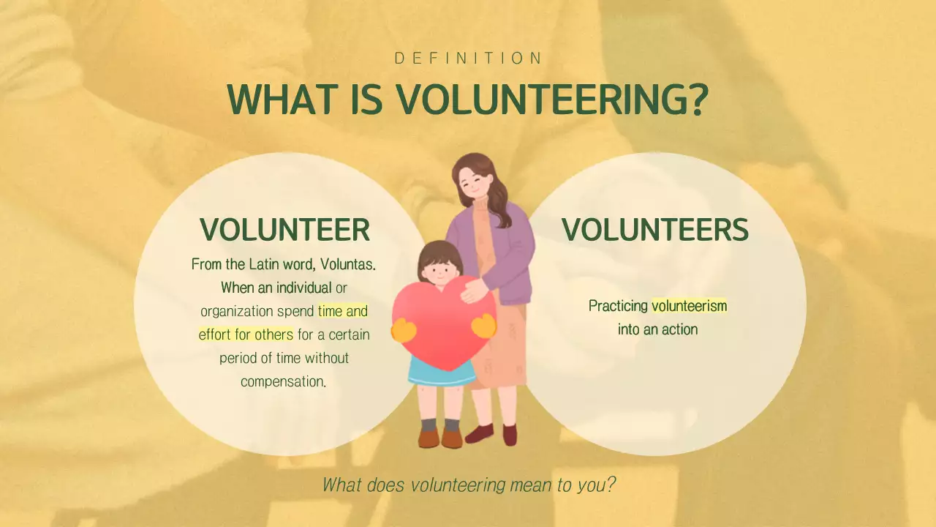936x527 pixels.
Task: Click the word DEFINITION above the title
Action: click(468, 59)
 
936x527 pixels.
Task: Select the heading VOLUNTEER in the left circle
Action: click(285, 230)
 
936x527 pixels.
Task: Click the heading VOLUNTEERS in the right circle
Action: click(655, 230)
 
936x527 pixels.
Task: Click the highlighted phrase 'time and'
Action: click(343, 311)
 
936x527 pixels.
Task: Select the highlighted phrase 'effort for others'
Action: click(246, 334)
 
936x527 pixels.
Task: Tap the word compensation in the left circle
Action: click(282, 381)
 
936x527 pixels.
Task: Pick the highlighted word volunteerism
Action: click(690, 306)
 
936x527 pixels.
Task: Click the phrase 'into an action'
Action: click(657, 329)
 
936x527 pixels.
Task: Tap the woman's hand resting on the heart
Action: click(474, 291)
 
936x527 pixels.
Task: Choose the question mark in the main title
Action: click(697, 99)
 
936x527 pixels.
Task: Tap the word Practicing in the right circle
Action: click(618, 306)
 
